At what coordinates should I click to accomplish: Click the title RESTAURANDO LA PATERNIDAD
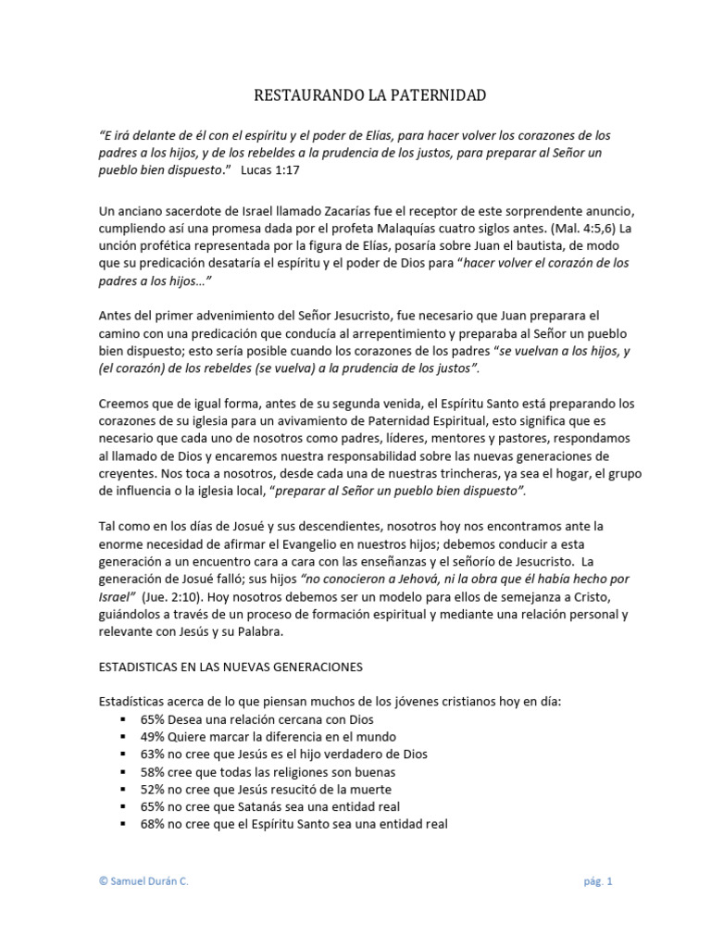355,95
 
